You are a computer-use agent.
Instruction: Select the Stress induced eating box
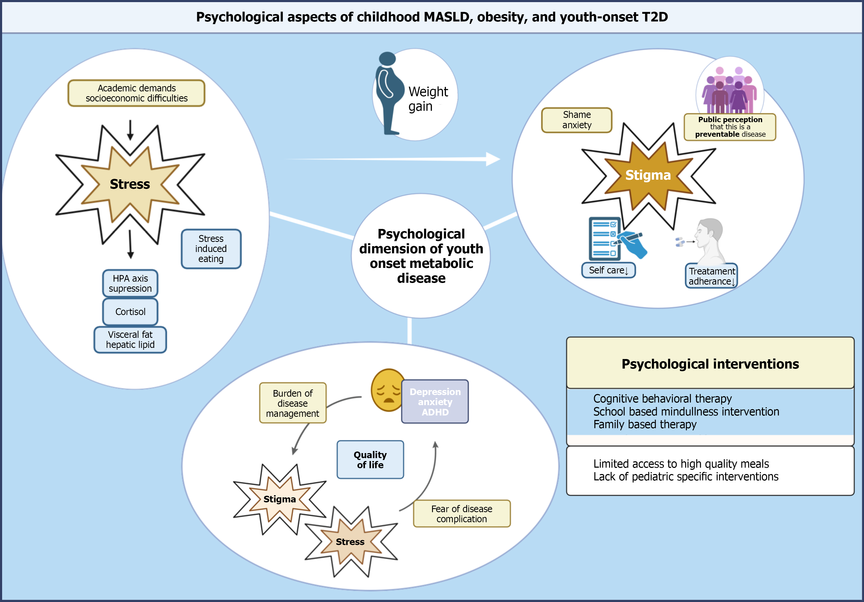tap(211, 249)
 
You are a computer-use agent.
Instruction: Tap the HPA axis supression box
tap(130, 283)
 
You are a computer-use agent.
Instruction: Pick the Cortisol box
tap(130, 312)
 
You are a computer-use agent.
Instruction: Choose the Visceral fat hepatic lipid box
tap(130, 340)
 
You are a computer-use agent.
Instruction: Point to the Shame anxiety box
tap(577, 120)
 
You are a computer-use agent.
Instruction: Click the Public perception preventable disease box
tap(730, 127)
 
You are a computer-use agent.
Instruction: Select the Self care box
tap(608, 270)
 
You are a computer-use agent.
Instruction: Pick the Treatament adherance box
tap(711, 276)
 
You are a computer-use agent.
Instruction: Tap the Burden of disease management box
tap(293, 403)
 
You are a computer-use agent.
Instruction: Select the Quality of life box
tap(370, 460)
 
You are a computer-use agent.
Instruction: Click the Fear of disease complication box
tap(462, 514)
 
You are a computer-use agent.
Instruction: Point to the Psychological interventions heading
tap(710, 364)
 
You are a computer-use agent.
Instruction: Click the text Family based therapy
tap(645, 424)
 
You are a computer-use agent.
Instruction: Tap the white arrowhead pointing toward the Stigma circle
tap(493, 159)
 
